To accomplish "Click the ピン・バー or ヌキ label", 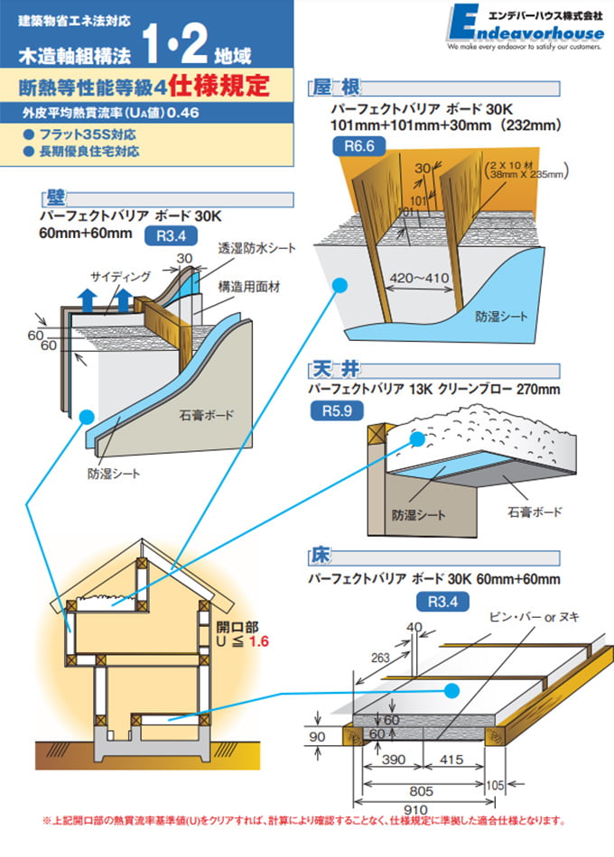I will pos(534,616).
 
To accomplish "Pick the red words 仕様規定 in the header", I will pos(225,88).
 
